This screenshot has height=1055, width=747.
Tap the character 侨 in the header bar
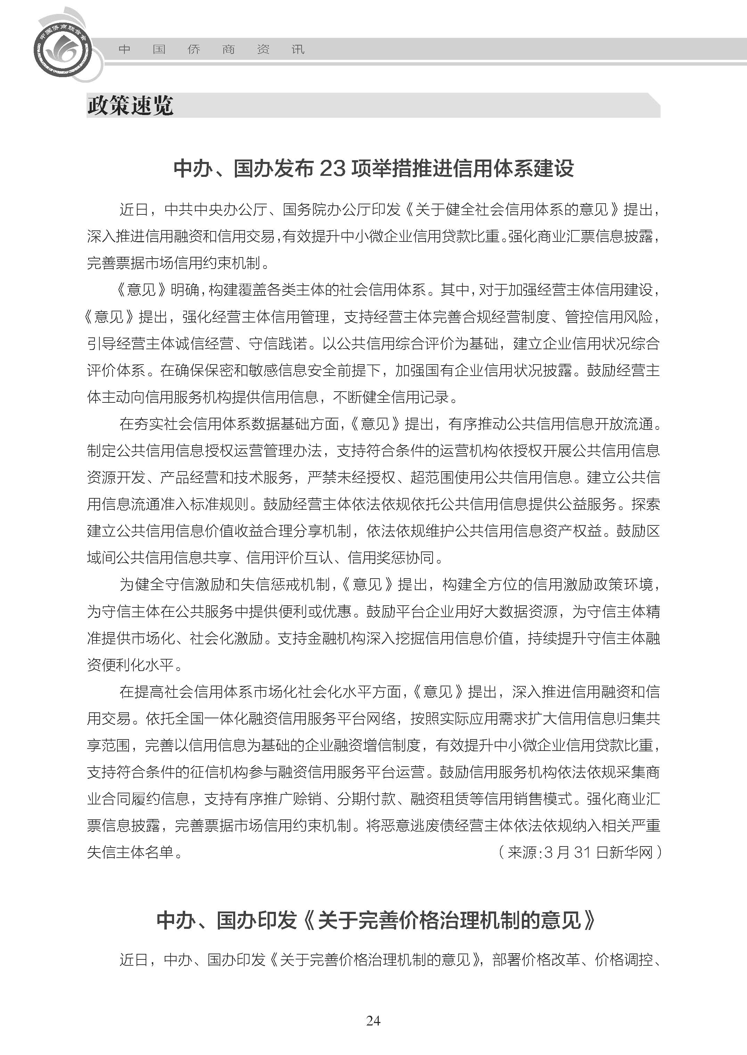tap(194, 49)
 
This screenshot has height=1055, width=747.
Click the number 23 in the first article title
tap(332, 169)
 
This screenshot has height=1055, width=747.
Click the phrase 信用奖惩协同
tap(391, 558)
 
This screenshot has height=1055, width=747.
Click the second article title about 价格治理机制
tap(376, 920)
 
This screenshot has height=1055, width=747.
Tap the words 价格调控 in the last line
tap(624, 960)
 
